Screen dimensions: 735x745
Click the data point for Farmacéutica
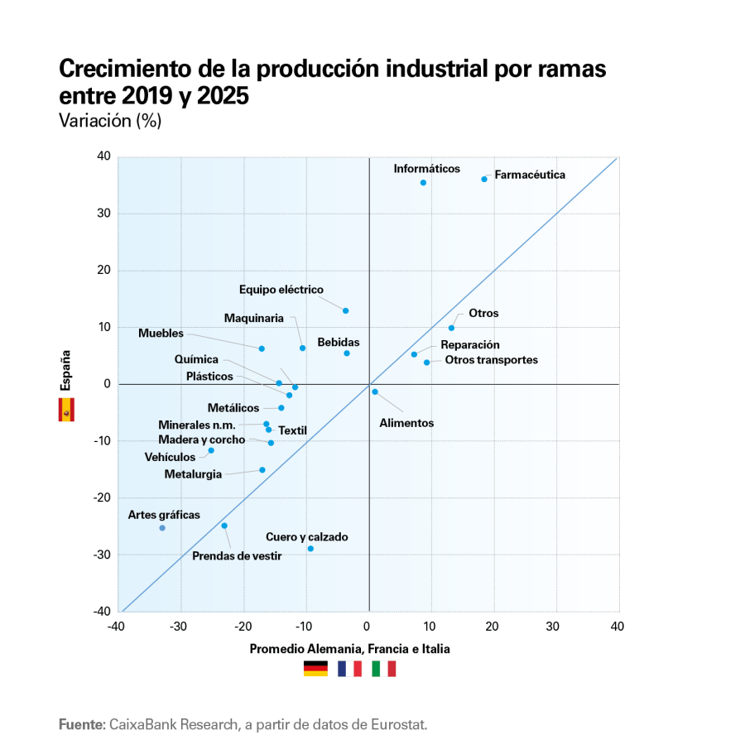click(x=484, y=179)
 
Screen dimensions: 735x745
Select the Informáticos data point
click(x=423, y=182)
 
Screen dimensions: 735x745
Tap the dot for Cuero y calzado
click(x=310, y=549)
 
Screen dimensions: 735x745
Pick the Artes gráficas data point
click(x=162, y=528)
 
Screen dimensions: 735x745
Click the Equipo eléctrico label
click(x=281, y=290)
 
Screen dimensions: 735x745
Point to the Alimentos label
click(x=406, y=423)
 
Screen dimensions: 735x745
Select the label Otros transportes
click(x=491, y=360)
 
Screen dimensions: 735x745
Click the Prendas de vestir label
click(x=237, y=556)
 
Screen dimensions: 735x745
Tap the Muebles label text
click(x=161, y=333)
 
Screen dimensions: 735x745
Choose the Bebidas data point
click(x=347, y=353)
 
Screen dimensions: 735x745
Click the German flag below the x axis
click(x=315, y=668)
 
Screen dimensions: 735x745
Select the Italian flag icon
click(x=384, y=668)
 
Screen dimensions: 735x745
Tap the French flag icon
click(x=349, y=668)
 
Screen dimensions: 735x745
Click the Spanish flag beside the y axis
click(x=66, y=409)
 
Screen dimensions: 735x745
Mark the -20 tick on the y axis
click(x=102, y=497)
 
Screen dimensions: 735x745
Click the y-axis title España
click(x=65, y=370)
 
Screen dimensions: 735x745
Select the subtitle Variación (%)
click(x=110, y=121)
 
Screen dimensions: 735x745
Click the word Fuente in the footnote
click(x=81, y=724)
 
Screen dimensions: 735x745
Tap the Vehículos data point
click(x=211, y=450)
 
